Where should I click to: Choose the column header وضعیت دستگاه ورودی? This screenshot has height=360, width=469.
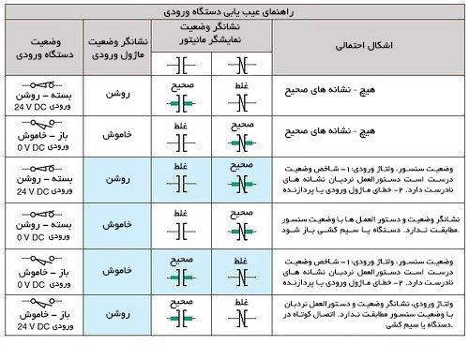40,45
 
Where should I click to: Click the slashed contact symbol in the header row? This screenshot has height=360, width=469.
240,67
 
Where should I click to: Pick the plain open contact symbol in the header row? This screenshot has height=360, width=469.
184,67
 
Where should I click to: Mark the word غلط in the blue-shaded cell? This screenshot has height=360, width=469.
184,165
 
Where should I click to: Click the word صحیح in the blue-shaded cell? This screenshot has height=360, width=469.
240,165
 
